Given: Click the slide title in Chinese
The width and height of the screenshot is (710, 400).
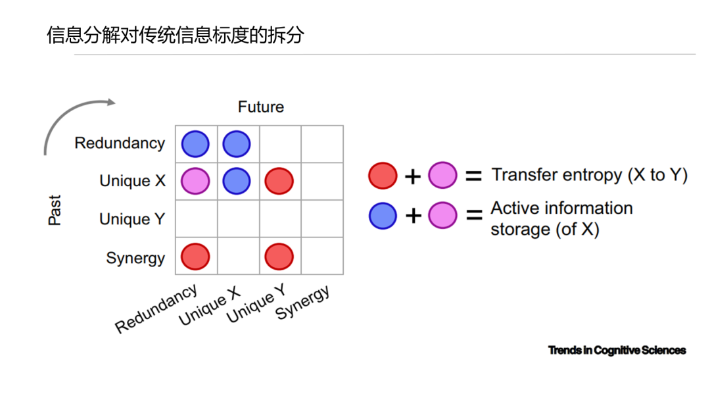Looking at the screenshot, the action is tap(176, 35).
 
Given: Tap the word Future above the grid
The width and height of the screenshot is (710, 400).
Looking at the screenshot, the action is tap(261, 107).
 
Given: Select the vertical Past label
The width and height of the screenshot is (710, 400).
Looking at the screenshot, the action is tap(55, 210).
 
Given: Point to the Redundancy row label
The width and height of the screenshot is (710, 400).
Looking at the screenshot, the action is tap(120, 143).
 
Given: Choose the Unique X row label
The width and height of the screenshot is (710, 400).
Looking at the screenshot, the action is tap(133, 181).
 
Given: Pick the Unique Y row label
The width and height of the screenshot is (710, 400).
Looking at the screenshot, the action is tap(132, 219).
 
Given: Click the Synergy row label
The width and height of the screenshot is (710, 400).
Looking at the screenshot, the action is tap(135, 258).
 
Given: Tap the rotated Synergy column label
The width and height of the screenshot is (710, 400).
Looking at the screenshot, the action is tap(302, 302).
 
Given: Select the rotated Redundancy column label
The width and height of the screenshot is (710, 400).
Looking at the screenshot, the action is tap(156, 309).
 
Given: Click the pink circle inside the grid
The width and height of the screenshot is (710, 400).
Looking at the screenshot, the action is tap(195, 181).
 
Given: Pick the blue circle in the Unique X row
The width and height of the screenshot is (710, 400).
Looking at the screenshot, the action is tap(237, 181).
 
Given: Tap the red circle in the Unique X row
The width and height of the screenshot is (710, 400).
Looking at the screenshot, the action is tap(279, 181).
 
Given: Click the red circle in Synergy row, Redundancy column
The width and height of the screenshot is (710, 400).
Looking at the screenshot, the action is tap(195, 257).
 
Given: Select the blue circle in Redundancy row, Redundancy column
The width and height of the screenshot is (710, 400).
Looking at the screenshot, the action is tap(195, 144).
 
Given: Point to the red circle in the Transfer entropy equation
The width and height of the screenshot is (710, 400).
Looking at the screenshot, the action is tap(383, 175).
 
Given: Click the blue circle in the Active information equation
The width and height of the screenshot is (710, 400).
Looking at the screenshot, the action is tap(383, 216).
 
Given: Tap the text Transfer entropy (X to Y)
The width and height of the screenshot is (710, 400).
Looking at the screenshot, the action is tap(590, 175).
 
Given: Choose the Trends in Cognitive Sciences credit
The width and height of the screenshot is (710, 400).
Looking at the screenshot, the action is tap(617, 350).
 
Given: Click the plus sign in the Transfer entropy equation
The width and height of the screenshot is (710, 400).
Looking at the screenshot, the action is tap(412, 176).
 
